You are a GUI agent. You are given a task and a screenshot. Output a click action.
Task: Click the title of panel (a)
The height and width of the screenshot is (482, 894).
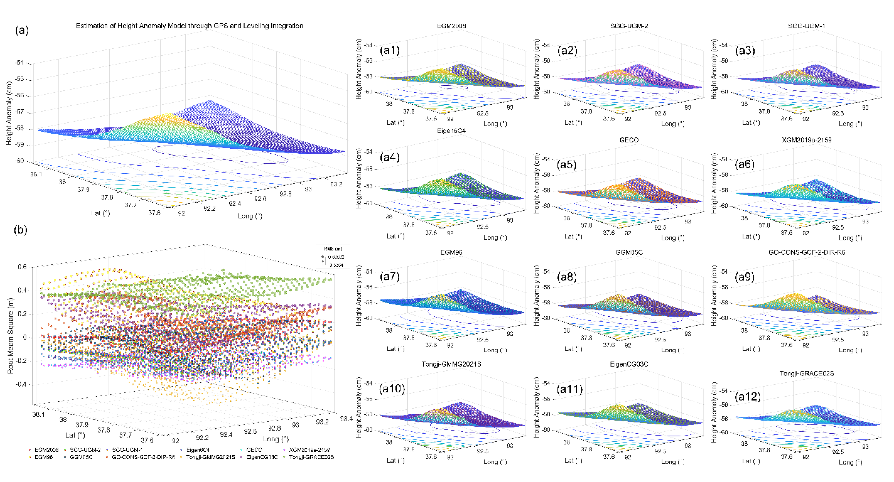coord(189,26)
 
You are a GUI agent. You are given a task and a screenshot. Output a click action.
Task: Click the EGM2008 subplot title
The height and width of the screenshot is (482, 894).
coord(451,26)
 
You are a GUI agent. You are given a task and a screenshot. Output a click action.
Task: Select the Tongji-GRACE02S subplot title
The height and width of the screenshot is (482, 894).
coord(807,373)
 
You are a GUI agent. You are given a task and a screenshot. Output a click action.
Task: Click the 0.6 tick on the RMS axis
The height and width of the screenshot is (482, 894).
coord(22,267)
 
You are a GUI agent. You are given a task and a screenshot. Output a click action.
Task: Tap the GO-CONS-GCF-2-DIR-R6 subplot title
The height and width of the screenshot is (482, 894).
coord(807,252)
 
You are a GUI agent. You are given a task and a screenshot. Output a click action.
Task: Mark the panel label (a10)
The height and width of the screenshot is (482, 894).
coord(392,388)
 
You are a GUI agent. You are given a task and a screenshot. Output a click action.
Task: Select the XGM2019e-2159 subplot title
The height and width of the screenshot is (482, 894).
coord(807,140)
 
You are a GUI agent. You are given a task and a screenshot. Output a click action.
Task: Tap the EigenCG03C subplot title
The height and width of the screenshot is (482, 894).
coord(629,364)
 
